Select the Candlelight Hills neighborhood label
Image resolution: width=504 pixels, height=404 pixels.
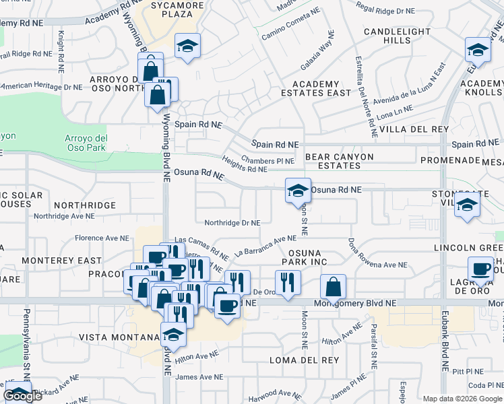(x=387, y=36)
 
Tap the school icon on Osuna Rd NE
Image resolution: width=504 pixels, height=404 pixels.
(x=298, y=191)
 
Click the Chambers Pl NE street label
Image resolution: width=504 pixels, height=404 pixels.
(x=267, y=161)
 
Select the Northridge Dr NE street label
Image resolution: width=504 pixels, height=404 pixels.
(x=232, y=222)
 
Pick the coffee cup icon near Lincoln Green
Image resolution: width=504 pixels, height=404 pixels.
(x=481, y=269)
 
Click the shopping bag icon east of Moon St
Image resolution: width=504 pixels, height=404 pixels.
(x=333, y=288)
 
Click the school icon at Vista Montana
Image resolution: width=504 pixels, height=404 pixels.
(x=173, y=335)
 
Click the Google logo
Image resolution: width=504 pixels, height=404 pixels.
(x=23, y=395)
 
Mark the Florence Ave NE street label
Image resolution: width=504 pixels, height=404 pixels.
(x=101, y=238)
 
